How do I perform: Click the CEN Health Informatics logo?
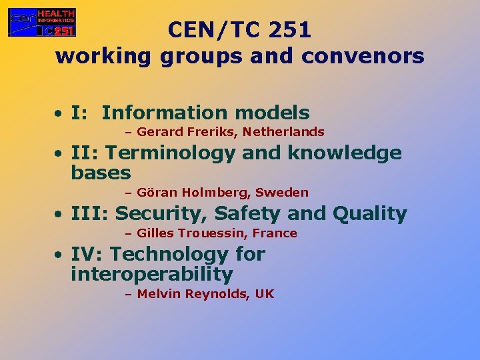tap(41, 22)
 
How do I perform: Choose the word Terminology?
tap(171, 153)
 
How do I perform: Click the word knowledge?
tap(345, 153)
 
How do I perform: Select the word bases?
tap(101, 173)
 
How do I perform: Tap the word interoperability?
tap(151, 274)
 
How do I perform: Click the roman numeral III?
tap(89, 214)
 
